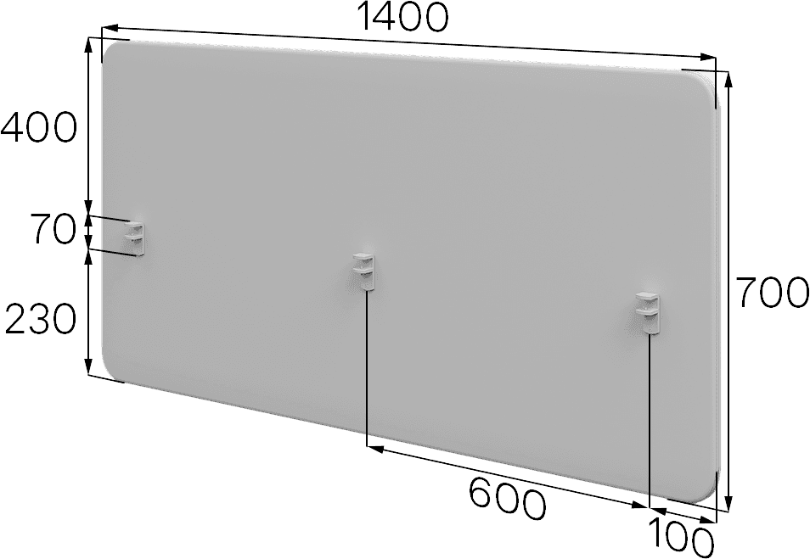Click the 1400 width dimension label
[x=403, y=17]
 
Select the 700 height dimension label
[x=772, y=293]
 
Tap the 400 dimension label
[x=39, y=127]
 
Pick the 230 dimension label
[x=41, y=318]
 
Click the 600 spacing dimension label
[x=507, y=499]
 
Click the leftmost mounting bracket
[x=134, y=238]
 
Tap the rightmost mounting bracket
[x=649, y=312]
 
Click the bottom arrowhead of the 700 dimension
[x=728, y=504]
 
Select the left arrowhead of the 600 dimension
[x=375, y=449]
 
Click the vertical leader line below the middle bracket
[x=366, y=367]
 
